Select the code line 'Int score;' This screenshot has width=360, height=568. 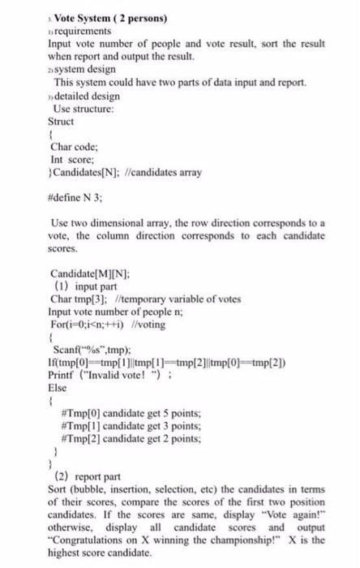point(75,161)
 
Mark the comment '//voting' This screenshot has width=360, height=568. point(141,325)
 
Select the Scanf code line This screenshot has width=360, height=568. point(97,351)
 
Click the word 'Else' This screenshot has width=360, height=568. point(59,389)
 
